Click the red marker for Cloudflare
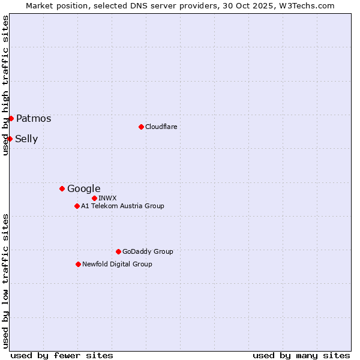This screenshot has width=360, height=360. click(141, 127)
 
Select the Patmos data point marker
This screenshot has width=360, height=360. click(11, 118)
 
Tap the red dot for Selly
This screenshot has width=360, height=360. click(10, 139)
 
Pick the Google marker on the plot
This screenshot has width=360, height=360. click(62, 188)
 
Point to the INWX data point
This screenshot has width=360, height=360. click(94, 198)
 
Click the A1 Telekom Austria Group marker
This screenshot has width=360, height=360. click(77, 206)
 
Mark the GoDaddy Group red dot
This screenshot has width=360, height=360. click(118, 251)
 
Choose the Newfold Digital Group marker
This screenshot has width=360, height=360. click(78, 264)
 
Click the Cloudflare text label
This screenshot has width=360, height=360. click(161, 127)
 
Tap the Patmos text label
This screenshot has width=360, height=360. click(34, 119)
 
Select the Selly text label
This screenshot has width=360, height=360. click(26, 139)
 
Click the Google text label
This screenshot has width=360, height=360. click(84, 189)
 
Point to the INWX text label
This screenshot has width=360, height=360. click(108, 198)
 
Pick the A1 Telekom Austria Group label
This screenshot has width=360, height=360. click(122, 206)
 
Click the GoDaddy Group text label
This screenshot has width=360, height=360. click(148, 251)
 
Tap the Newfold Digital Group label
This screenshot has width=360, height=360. click(117, 264)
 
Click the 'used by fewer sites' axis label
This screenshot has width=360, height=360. click(62, 355)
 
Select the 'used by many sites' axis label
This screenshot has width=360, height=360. click(301, 355)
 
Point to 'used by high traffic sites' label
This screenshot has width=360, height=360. click(5, 85)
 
